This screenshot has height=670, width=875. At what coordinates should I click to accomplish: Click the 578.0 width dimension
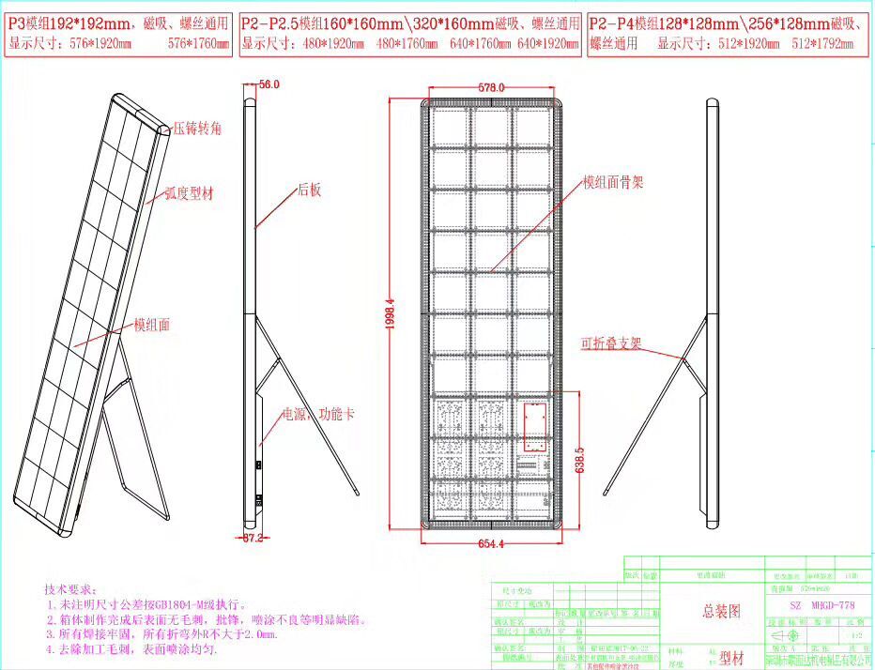point(492,87)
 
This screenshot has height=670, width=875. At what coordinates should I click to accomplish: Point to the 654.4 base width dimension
point(491,543)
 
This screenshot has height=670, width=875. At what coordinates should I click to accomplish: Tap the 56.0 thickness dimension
point(269,84)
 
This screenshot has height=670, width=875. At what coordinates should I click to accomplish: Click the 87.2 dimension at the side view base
point(252,539)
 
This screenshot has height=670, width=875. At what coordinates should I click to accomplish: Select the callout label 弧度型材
point(189,193)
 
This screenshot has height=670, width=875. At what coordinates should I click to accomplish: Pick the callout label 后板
point(310,190)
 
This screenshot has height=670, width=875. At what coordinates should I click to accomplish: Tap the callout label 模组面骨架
point(613,182)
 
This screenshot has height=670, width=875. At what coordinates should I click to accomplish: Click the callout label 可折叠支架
point(610,343)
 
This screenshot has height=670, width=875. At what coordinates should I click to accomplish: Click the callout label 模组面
point(152,325)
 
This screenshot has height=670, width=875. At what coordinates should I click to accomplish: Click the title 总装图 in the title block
point(721,610)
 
